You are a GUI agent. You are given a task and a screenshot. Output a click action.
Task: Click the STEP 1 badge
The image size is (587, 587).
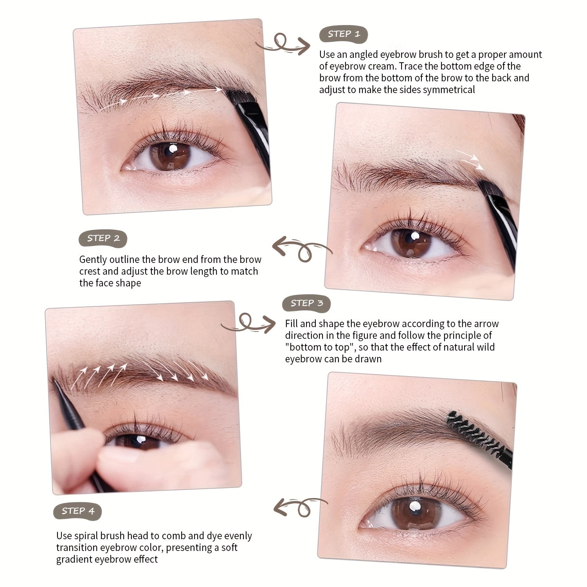coord(344,34)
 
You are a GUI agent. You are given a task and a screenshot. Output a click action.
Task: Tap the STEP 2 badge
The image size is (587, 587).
coord(103,238)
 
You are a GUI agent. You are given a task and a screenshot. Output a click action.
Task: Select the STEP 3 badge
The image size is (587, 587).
coord(306,303)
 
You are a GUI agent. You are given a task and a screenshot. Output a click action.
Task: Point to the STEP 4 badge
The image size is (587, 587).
coord(77,511)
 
